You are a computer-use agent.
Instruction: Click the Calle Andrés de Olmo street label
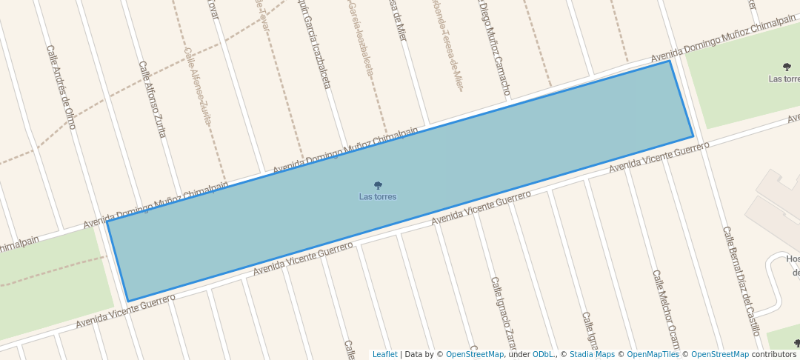[x=61, y=87]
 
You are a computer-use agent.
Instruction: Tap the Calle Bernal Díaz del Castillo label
[x=741, y=281]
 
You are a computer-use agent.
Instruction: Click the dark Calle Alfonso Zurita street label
[x=153, y=99]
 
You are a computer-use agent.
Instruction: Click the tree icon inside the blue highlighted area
[x=378, y=186]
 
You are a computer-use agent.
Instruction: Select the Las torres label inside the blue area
[x=378, y=197]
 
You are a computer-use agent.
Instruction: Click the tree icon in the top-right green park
[x=786, y=67]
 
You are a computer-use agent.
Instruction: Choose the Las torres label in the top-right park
[x=784, y=79]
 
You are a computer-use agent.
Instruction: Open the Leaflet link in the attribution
[x=384, y=354]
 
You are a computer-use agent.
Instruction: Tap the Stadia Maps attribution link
[x=592, y=354]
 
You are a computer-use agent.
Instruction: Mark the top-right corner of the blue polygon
[x=670, y=61]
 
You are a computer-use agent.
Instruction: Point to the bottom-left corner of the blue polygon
[x=128, y=301]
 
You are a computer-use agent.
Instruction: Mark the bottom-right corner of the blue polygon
[x=693, y=137]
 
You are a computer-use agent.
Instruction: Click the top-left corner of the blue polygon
[x=107, y=221]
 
